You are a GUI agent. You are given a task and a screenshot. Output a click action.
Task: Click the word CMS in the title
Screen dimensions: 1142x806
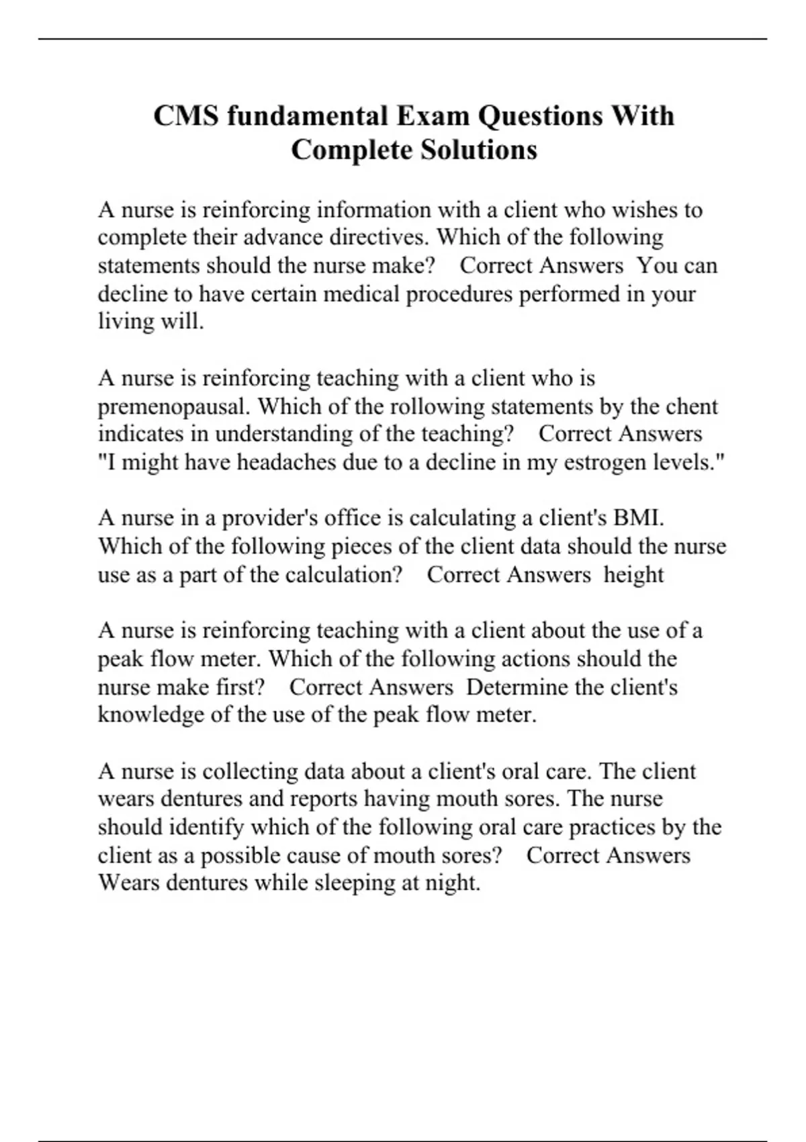(186, 116)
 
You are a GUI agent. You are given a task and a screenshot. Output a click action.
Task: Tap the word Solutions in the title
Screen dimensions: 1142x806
(479, 149)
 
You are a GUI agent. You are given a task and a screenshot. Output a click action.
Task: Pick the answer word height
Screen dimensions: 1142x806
(633, 574)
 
